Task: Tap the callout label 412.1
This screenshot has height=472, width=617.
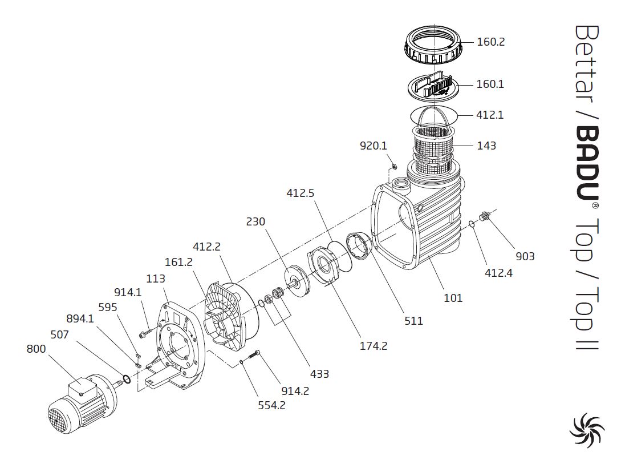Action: click(490, 115)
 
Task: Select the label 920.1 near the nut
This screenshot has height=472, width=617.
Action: click(374, 146)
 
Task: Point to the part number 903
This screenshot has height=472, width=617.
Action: click(525, 256)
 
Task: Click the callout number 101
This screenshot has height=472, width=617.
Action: click(453, 298)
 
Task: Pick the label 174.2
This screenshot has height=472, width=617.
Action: click(374, 345)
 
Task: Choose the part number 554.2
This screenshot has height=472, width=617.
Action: click(271, 405)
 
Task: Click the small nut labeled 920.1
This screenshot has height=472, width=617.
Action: click(393, 166)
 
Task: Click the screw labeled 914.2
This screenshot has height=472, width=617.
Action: click(255, 357)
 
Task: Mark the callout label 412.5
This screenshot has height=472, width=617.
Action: click(301, 193)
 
